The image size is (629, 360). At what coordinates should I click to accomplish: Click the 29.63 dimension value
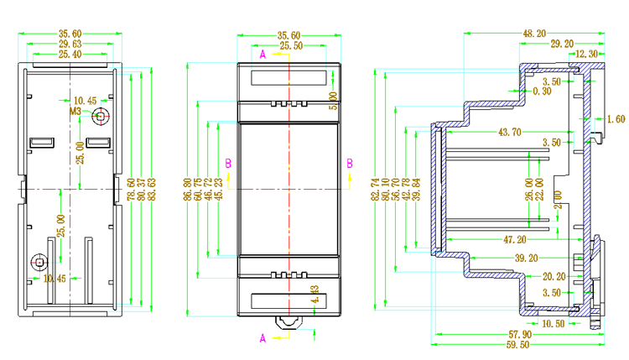point(70,44)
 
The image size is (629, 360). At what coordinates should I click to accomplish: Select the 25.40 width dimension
point(70,54)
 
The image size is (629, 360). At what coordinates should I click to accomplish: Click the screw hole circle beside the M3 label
point(101,116)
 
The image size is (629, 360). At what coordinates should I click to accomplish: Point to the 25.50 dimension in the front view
point(290,45)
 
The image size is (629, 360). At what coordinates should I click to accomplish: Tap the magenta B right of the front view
point(350,163)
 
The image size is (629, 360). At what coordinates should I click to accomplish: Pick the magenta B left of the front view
point(228,162)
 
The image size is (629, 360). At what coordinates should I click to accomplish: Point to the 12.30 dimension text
point(588,54)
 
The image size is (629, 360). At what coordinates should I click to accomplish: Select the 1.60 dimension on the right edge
point(616,119)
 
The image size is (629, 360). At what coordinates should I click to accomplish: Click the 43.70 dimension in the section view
point(510,133)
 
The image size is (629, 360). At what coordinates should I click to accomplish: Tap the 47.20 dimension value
point(515,239)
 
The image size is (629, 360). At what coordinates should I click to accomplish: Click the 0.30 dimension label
point(542,91)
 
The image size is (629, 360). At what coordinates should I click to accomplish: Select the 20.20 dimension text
point(555,276)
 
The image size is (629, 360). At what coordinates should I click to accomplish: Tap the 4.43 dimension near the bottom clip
point(314,293)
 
